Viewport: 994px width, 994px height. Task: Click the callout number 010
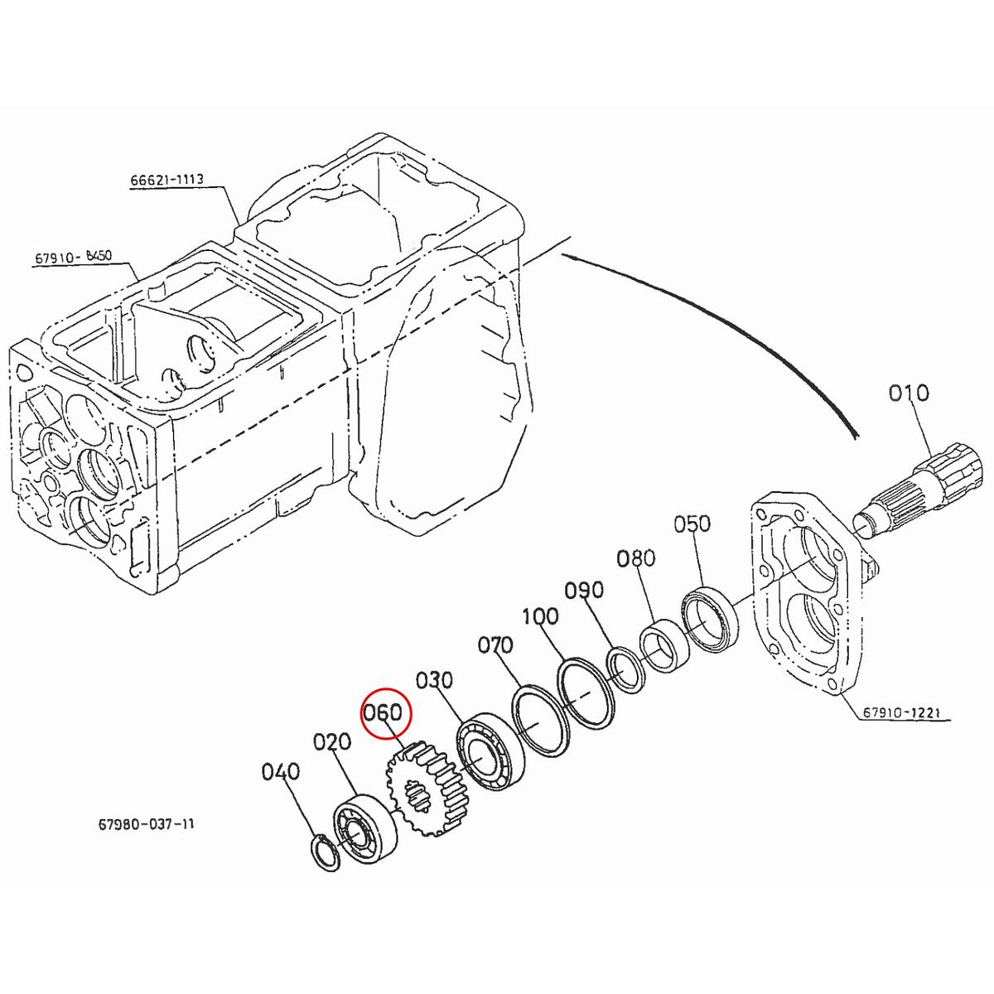(x=909, y=393)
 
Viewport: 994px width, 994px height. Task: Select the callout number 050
(x=692, y=524)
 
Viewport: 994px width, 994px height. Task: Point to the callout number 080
(x=635, y=558)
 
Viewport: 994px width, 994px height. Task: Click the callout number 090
(x=584, y=591)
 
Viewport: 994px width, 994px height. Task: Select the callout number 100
(x=540, y=617)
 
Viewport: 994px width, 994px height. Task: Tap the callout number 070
(x=495, y=644)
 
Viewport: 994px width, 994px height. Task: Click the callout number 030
(x=434, y=680)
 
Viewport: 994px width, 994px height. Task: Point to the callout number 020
(x=332, y=741)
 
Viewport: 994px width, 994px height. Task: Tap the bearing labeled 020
(x=365, y=829)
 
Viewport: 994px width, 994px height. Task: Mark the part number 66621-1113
(x=166, y=180)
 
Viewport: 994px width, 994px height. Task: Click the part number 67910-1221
(x=905, y=712)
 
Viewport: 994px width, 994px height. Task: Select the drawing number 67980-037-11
(x=147, y=825)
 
